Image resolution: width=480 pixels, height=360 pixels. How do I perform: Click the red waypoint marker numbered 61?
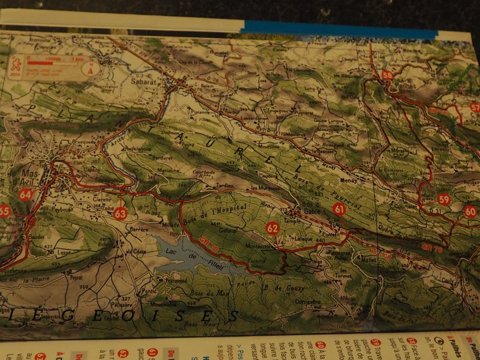339,210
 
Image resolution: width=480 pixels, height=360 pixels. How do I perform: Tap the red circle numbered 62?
272,228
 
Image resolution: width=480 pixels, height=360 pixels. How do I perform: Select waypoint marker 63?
120,214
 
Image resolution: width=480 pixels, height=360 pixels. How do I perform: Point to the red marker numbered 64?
25,194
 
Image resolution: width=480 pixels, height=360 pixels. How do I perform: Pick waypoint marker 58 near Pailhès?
387,75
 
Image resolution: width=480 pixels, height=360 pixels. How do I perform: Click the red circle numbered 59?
444,200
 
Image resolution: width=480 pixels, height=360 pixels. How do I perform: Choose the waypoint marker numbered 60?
470,211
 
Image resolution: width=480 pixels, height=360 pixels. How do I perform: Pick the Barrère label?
138,230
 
